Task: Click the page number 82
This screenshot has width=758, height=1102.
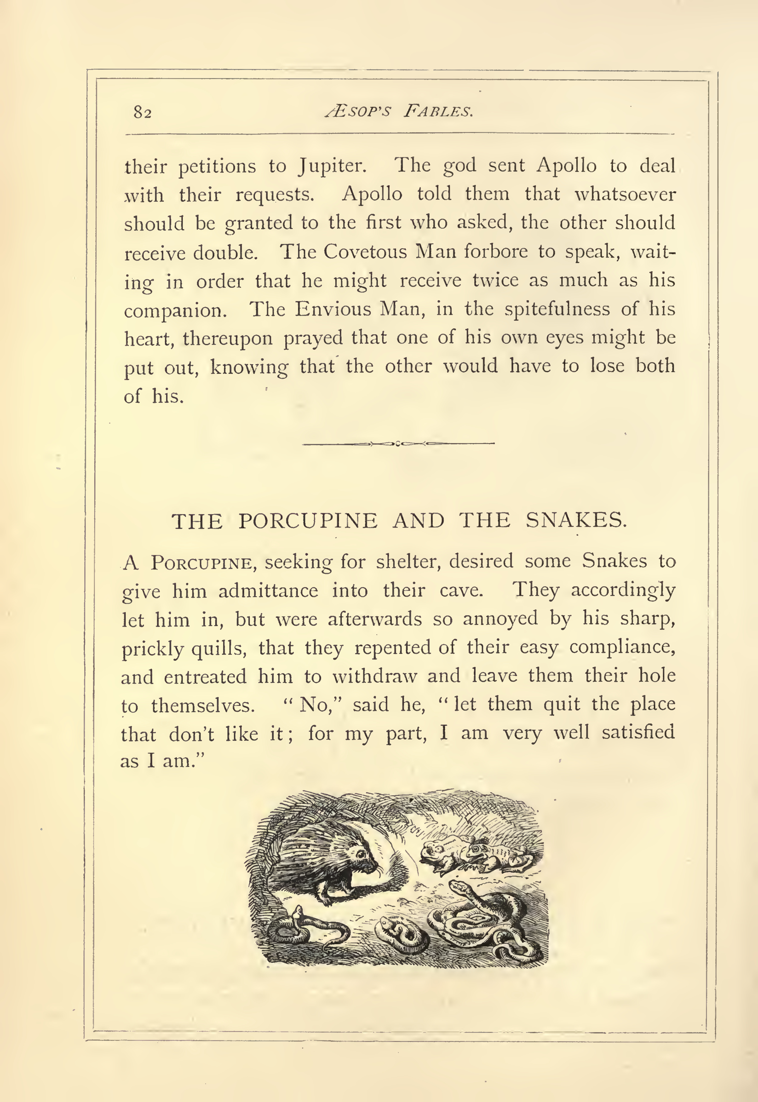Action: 142,113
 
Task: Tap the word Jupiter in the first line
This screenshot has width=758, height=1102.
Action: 332,166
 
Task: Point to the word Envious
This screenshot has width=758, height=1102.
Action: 332,310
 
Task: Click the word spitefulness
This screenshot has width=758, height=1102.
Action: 557,310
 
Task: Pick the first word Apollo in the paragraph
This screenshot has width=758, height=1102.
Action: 566,166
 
